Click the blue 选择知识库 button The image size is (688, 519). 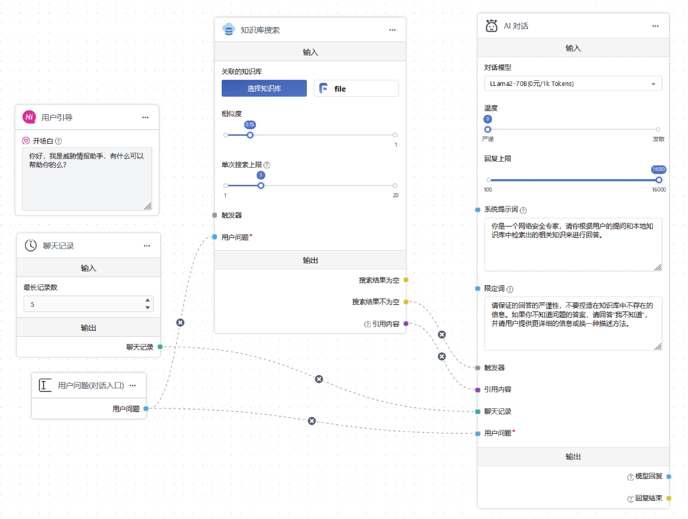[x=264, y=89]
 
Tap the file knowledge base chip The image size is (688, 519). [x=356, y=89]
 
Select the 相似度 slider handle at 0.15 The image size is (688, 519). [x=250, y=135]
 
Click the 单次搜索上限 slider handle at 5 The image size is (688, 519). [x=261, y=186]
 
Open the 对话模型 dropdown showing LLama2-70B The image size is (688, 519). [x=573, y=84]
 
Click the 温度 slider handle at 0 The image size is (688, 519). [x=488, y=129]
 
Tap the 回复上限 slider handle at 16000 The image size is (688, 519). [x=659, y=180]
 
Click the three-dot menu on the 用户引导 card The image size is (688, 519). [x=145, y=117]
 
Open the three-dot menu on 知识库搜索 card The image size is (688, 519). [x=392, y=30]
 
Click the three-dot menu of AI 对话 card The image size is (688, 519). [x=655, y=26]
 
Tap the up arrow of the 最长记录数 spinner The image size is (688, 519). [x=147, y=300]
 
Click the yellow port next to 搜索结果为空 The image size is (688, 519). [x=406, y=280]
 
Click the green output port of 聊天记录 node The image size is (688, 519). [x=160, y=347]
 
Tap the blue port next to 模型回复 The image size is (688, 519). [x=669, y=476]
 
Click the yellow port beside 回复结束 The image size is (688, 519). [x=669, y=498]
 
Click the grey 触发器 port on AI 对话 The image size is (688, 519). [x=478, y=368]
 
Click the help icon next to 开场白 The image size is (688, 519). [x=58, y=141]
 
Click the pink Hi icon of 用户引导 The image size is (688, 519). [x=29, y=117]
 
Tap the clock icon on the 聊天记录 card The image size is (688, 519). [x=31, y=245]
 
